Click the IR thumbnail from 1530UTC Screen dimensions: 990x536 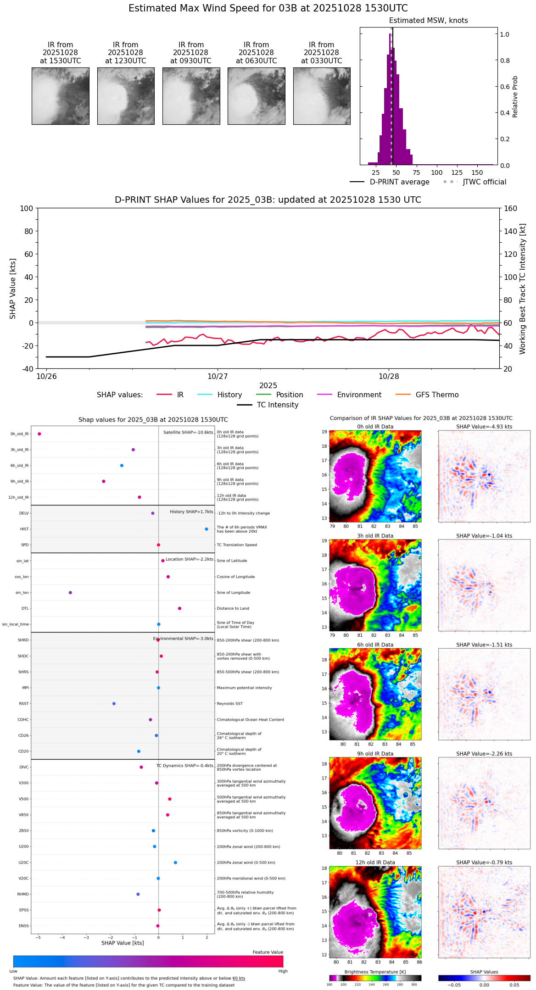[x=60, y=96]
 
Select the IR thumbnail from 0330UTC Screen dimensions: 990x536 [x=322, y=96]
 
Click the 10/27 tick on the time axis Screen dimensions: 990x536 [x=218, y=376]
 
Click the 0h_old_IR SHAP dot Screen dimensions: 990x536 [x=39, y=434]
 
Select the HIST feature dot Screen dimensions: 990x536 [x=207, y=529]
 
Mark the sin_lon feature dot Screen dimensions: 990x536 [x=70, y=593]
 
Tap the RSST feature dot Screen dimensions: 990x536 [x=114, y=704]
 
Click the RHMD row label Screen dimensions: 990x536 [x=23, y=894]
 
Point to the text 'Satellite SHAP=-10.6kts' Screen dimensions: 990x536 [x=188, y=433]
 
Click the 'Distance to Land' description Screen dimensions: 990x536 [x=233, y=609]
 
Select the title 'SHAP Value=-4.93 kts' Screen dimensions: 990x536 [x=484, y=427]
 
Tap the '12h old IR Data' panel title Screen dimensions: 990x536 [x=375, y=862]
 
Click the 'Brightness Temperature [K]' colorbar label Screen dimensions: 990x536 [x=375, y=972]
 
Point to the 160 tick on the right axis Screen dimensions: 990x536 [x=511, y=209]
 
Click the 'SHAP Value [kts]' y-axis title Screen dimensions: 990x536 [x=13, y=289]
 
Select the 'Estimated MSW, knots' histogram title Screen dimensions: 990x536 [x=428, y=21]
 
